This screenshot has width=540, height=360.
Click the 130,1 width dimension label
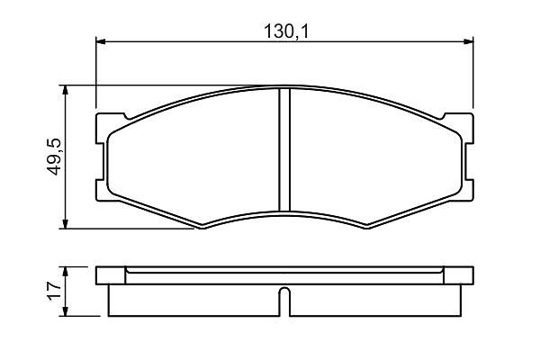[286, 31]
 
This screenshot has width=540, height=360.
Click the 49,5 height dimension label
[54, 157]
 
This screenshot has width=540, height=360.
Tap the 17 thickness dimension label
[54, 291]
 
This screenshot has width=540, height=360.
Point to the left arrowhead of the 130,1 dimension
[100, 41]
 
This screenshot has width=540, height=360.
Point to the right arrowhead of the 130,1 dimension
[469, 41]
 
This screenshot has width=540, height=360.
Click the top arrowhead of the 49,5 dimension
[65, 90]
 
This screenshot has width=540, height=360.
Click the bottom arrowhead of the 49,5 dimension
[65, 223]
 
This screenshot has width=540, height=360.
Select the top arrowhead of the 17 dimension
[65, 271]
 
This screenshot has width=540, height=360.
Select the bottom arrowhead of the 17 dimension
[65, 311]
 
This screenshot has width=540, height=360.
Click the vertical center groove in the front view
[284, 150]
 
